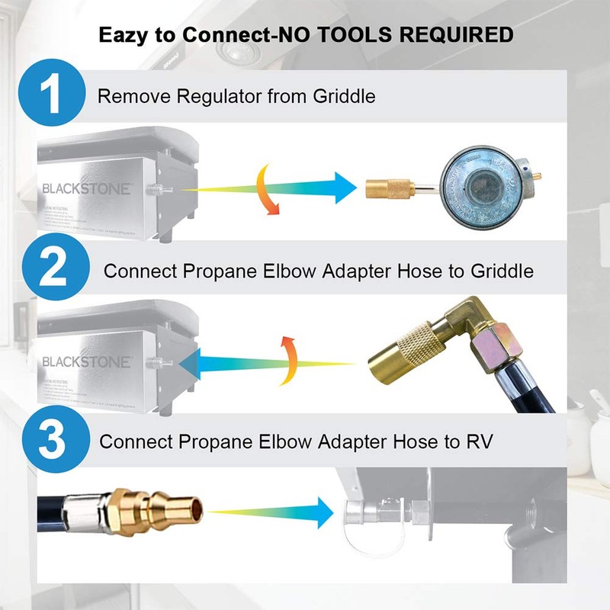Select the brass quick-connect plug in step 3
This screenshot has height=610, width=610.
tap(165, 509)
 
